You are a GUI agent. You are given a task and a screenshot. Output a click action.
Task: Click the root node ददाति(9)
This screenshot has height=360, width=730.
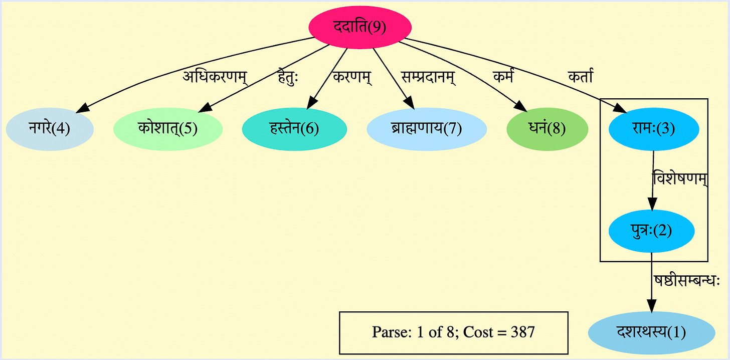click(x=360, y=27)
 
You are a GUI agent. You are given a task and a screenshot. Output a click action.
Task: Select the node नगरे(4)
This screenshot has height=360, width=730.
click(x=50, y=129)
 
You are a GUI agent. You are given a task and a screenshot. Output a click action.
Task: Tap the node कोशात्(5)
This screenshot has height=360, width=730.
click(x=168, y=129)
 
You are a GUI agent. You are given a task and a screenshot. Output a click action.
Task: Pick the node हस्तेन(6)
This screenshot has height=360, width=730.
click(x=295, y=129)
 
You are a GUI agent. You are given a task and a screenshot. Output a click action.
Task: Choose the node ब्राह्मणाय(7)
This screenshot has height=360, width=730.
click(x=427, y=129)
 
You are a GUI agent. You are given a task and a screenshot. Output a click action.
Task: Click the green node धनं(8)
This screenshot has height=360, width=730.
click(x=547, y=129)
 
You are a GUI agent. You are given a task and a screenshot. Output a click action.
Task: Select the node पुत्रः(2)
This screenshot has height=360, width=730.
click(x=651, y=231)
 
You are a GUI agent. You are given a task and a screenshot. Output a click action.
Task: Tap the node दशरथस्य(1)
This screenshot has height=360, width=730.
click(x=651, y=332)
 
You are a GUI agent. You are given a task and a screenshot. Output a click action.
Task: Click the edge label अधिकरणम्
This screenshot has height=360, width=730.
click(x=215, y=78)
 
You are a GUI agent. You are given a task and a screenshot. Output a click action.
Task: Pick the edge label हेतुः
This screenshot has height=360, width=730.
click(x=288, y=78)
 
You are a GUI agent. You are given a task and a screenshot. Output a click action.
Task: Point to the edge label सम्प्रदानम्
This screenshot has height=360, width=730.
click(x=428, y=78)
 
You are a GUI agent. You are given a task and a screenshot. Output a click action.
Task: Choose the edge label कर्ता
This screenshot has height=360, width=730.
click(x=581, y=78)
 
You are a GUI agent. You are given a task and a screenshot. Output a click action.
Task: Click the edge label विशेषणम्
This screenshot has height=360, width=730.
click(x=679, y=179)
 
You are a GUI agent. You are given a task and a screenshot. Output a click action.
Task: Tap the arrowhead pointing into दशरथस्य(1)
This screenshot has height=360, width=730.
click(x=651, y=305)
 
